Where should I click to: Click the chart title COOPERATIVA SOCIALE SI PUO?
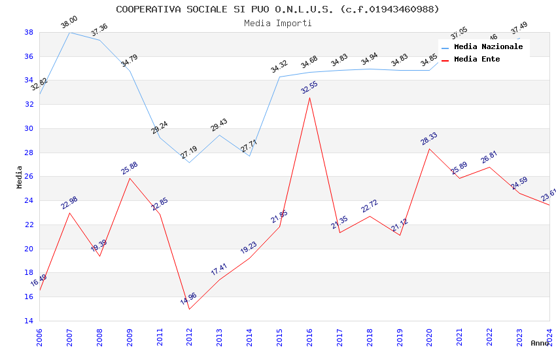(277, 9)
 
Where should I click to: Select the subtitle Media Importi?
(277, 23)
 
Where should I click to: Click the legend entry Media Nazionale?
(488, 47)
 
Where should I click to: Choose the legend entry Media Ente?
(477, 60)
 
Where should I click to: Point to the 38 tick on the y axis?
(29, 32)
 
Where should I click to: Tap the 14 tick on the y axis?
(29, 321)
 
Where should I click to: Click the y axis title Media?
(20, 177)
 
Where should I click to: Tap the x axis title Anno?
(540, 343)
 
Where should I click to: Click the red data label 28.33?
(429, 138)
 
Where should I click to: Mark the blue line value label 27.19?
(188, 153)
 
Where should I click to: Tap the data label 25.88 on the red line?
(130, 168)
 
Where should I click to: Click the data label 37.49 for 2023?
(519, 28)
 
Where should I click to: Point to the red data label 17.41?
(219, 268)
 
